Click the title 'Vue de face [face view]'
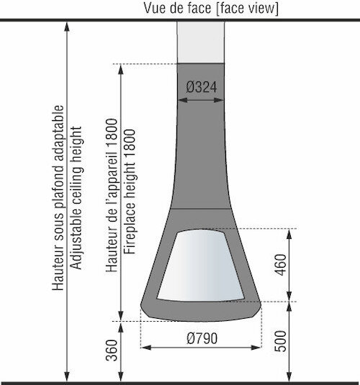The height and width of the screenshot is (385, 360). [211, 8]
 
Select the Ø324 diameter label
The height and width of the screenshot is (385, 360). [202, 87]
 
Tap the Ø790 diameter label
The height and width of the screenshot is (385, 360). [202, 338]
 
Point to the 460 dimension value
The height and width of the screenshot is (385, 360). [281, 265]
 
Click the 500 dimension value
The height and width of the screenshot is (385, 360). [281, 341]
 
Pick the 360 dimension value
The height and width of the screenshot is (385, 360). [112, 350]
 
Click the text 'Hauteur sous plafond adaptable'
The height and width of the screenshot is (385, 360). [58, 198]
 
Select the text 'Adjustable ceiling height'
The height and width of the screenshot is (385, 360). [76, 198]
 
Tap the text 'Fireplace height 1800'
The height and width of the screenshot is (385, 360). [130, 191]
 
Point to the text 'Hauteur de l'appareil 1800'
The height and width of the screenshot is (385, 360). [112, 195]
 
